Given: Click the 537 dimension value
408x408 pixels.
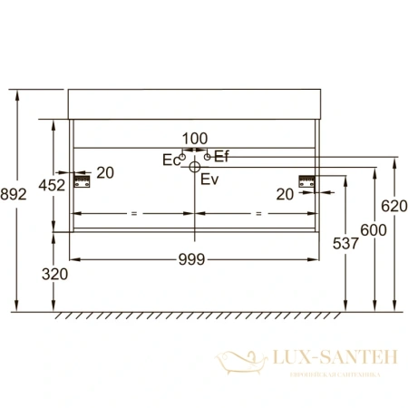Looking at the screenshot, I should tap(333, 243).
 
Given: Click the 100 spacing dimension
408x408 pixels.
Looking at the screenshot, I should tap(195, 139).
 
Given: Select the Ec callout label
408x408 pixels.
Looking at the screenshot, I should tap(170, 160).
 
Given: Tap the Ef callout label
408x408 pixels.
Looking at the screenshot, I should tap(221, 158).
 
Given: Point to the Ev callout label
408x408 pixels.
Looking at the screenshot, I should tap(209, 180).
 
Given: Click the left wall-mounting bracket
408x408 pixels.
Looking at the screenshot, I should tap(83, 181).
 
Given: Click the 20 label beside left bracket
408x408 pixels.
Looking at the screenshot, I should tap(105, 173).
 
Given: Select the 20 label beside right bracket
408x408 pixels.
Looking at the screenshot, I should tap(285, 193).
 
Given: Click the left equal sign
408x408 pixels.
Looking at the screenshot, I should tap(133, 213).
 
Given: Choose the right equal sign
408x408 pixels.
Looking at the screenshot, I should tap(258, 213).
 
